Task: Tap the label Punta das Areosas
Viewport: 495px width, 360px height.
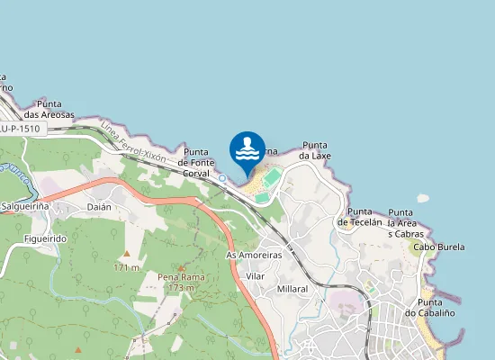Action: (49, 109)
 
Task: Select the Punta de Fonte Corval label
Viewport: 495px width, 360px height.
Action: (196, 163)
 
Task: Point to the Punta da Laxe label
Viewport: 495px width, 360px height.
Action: (315, 150)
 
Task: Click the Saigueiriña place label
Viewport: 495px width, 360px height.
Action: (26, 206)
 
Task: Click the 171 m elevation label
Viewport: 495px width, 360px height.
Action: (127, 267)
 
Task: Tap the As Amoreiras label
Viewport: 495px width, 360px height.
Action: (254, 255)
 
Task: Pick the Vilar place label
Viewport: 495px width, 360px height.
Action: (256, 275)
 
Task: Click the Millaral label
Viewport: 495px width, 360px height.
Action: (293, 289)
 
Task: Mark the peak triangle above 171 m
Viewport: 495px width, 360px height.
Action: (127, 254)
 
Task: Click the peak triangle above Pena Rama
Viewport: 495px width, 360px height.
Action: (181, 267)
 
